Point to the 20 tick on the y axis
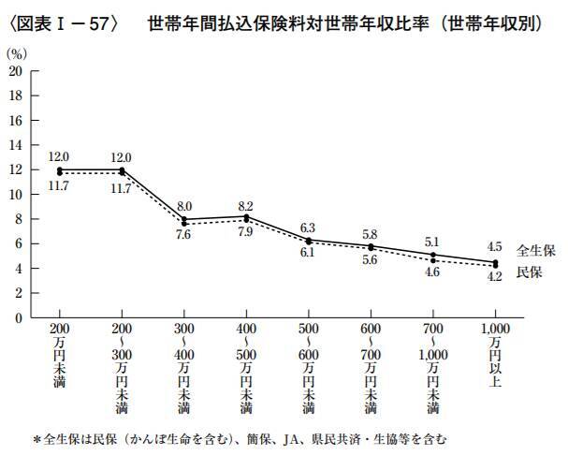pyautogui.click(x=15, y=71)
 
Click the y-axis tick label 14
pyautogui.click(x=15, y=145)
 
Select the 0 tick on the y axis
pyautogui.click(x=19, y=317)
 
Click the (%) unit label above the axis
pyautogui.click(x=19, y=55)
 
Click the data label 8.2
pyautogui.click(x=245, y=204)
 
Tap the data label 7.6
pyautogui.click(x=183, y=234)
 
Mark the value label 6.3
pyautogui.click(x=307, y=227)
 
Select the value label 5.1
pyautogui.click(x=431, y=242)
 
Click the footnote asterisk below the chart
pyautogui.click(x=37, y=438)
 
